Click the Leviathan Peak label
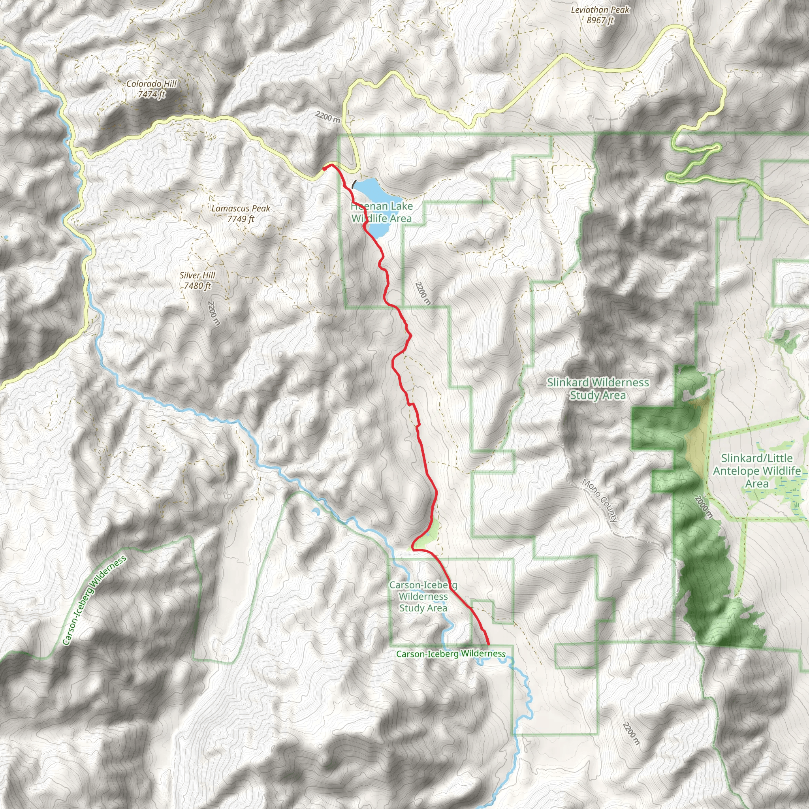coord(600,9)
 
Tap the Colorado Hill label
coord(152,84)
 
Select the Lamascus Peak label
coord(241,209)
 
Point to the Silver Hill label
coord(197,276)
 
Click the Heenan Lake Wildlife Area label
coord(382,212)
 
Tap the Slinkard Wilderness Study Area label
coord(598,389)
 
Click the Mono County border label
coord(600,501)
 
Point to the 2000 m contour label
coord(703,507)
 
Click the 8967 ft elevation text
coord(600,20)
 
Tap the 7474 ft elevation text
coord(152,94)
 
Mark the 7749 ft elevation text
coord(241,218)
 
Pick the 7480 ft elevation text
coord(197,286)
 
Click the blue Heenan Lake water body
coord(377,193)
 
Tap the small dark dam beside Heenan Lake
coord(355,184)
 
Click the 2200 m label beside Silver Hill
coord(214,313)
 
